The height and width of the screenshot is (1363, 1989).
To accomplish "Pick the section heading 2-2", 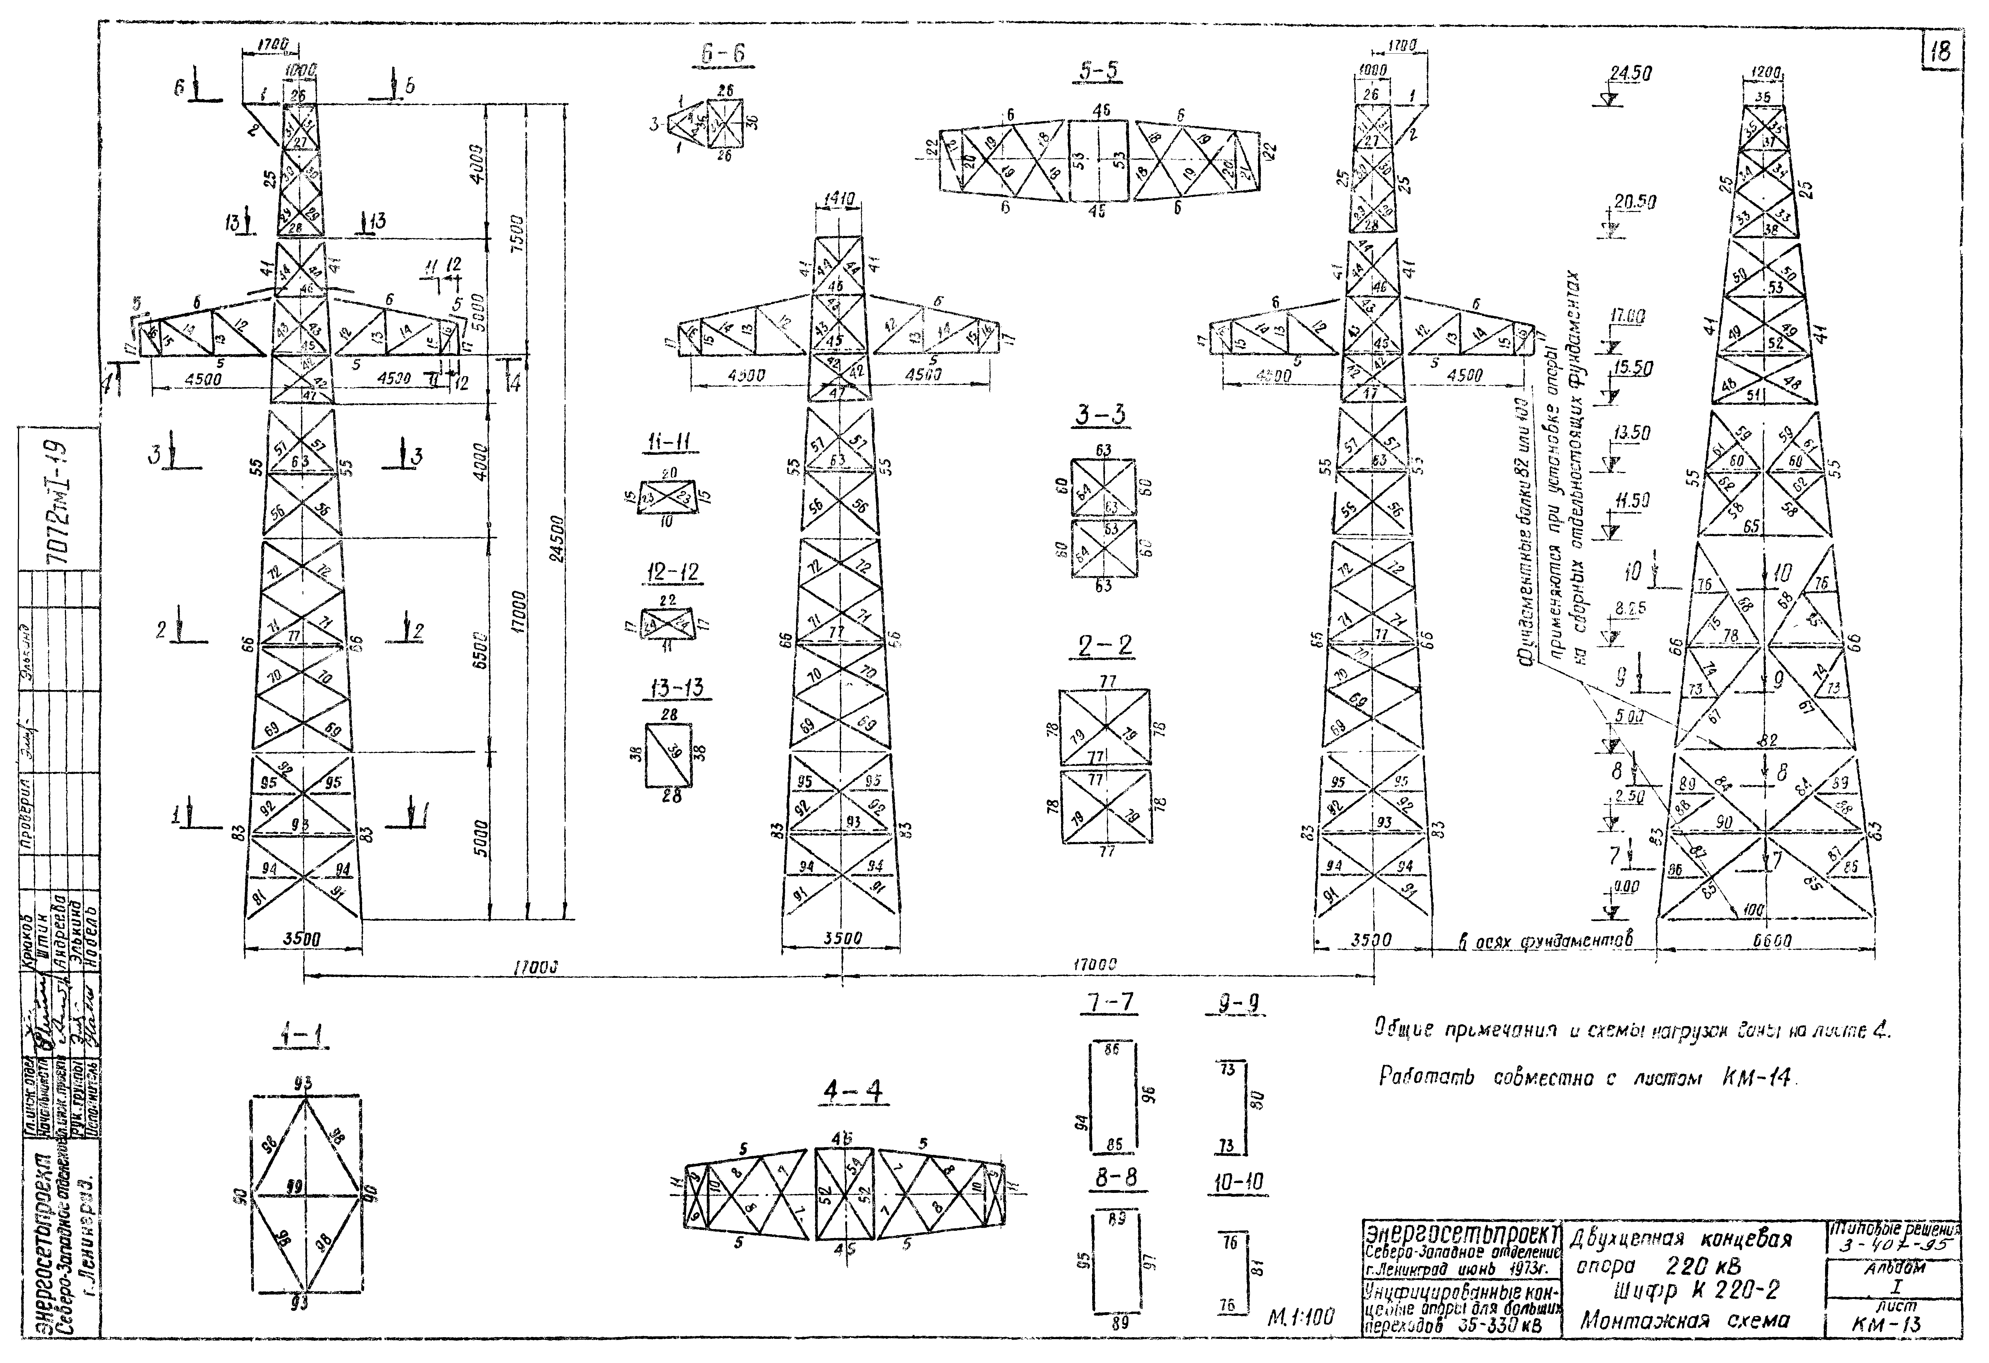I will tap(1105, 645).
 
